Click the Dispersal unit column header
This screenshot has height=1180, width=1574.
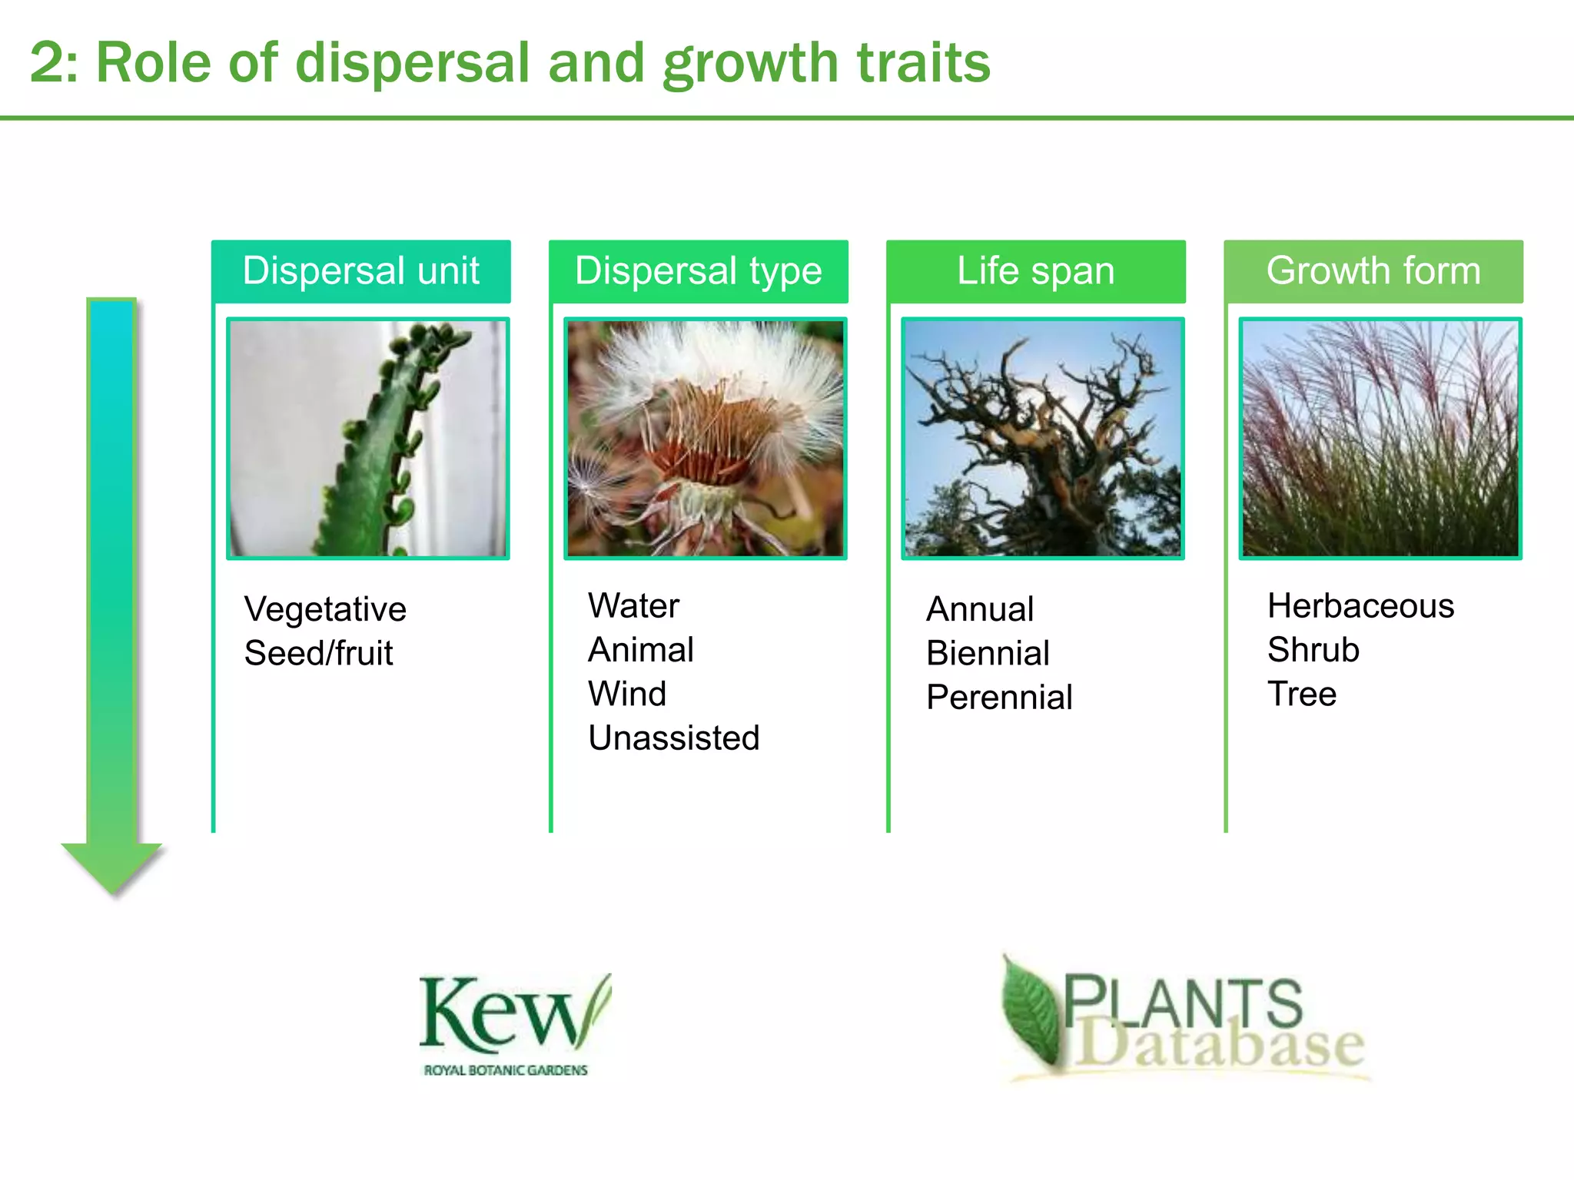[x=360, y=271]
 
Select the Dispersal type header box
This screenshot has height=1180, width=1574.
[x=698, y=271]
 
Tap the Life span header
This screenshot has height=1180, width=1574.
[x=1035, y=271]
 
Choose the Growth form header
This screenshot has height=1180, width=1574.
[x=1373, y=271]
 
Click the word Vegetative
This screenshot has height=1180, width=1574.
[x=325, y=609]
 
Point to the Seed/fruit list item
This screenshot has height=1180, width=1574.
[x=318, y=653]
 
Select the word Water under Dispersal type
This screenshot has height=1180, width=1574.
[x=633, y=605]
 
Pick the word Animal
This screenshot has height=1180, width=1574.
[x=640, y=650]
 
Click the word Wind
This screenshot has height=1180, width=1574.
[x=627, y=694]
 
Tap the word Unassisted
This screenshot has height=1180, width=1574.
[x=673, y=738]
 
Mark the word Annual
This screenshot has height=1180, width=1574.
[x=980, y=609]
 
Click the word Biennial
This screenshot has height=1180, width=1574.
[x=988, y=653]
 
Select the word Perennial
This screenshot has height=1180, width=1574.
[x=999, y=698]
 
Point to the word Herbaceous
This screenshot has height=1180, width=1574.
[x=1360, y=605]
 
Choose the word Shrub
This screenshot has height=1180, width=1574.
[x=1313, y=650]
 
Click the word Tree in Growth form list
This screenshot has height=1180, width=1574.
[x=1302, y=694]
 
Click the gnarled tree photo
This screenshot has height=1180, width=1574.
[x=1043, y=439]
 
